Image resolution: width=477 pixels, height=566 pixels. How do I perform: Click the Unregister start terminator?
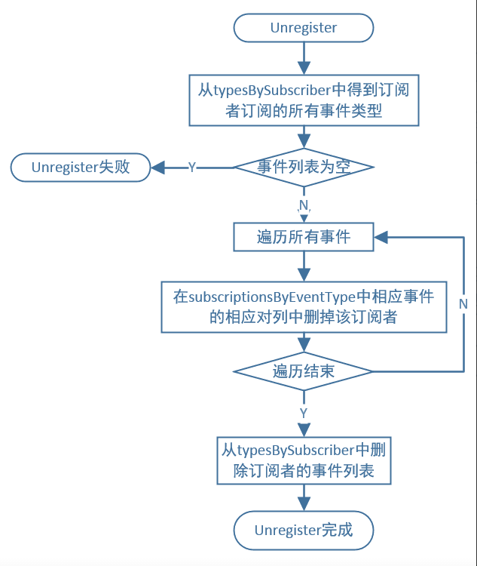coord(304,28)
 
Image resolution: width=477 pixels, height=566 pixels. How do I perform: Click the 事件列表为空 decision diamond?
coord(304,167)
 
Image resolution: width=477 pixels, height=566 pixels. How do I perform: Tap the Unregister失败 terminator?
coord(80,167)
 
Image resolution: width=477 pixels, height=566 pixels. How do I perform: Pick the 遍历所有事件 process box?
coord(304,237)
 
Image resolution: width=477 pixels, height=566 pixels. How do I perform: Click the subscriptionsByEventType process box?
coord(304,307)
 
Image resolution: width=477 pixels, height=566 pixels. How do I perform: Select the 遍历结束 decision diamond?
coord(304,371)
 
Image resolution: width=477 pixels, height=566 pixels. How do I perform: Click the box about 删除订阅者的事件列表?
coord(304,461)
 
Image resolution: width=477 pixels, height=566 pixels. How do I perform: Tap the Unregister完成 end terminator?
coord(304,531)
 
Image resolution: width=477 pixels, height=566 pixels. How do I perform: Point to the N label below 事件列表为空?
coord(304,205)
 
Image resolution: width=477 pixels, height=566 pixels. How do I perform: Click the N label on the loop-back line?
coord(463,303)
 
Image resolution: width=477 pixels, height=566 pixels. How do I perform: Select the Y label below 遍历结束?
coord(304,413)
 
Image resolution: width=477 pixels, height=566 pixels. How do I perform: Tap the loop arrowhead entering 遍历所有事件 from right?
coord(381,237)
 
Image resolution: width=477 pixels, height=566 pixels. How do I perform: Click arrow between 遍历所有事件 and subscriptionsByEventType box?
coord(304,266)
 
